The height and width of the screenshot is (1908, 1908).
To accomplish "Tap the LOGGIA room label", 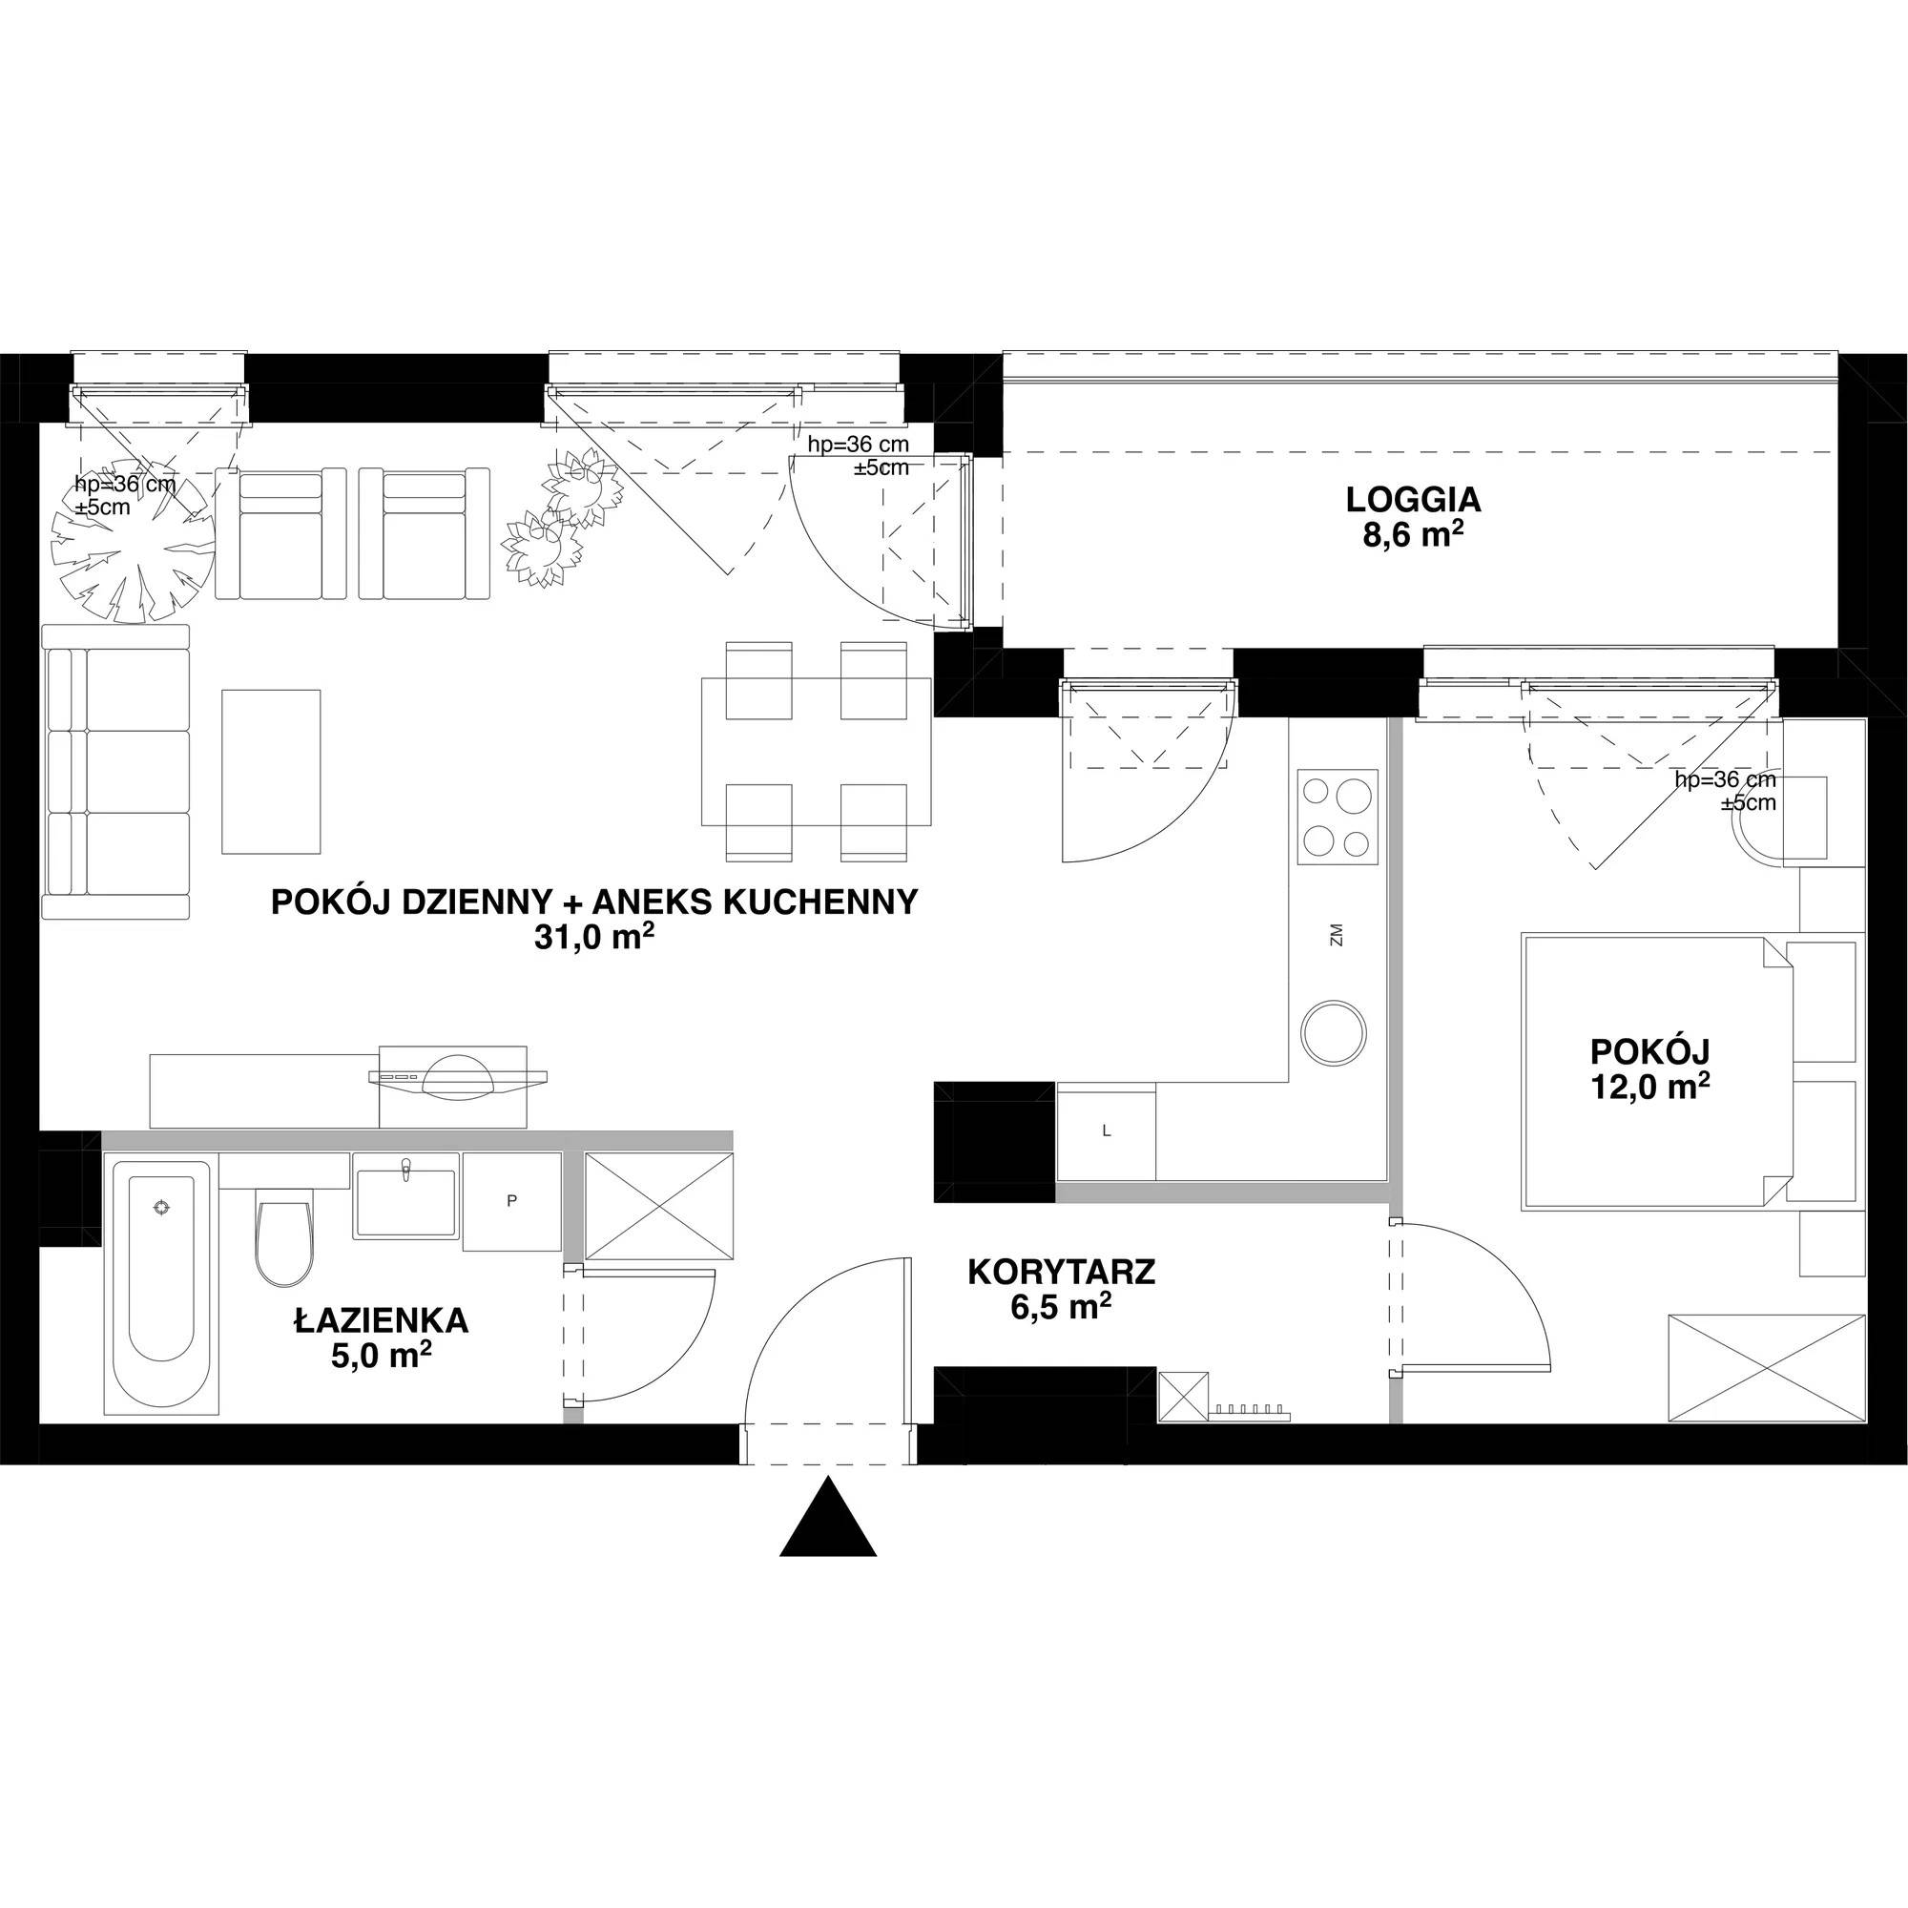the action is click(x=1413, y=500).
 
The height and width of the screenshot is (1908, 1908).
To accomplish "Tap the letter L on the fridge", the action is click(x=1106, y=1131).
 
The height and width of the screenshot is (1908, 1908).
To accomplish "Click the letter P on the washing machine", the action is click(x=511, y=1201).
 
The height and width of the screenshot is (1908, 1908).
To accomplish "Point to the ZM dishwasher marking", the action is click(x=1337, y=934).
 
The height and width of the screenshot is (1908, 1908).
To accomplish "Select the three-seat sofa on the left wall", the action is click(x=116, y=771).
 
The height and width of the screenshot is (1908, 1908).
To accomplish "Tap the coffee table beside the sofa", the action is click(x=271, y=771).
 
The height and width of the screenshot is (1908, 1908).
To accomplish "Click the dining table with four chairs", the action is click(x=816, y=751).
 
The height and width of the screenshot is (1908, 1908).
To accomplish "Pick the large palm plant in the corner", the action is click(x=133, y=540).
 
